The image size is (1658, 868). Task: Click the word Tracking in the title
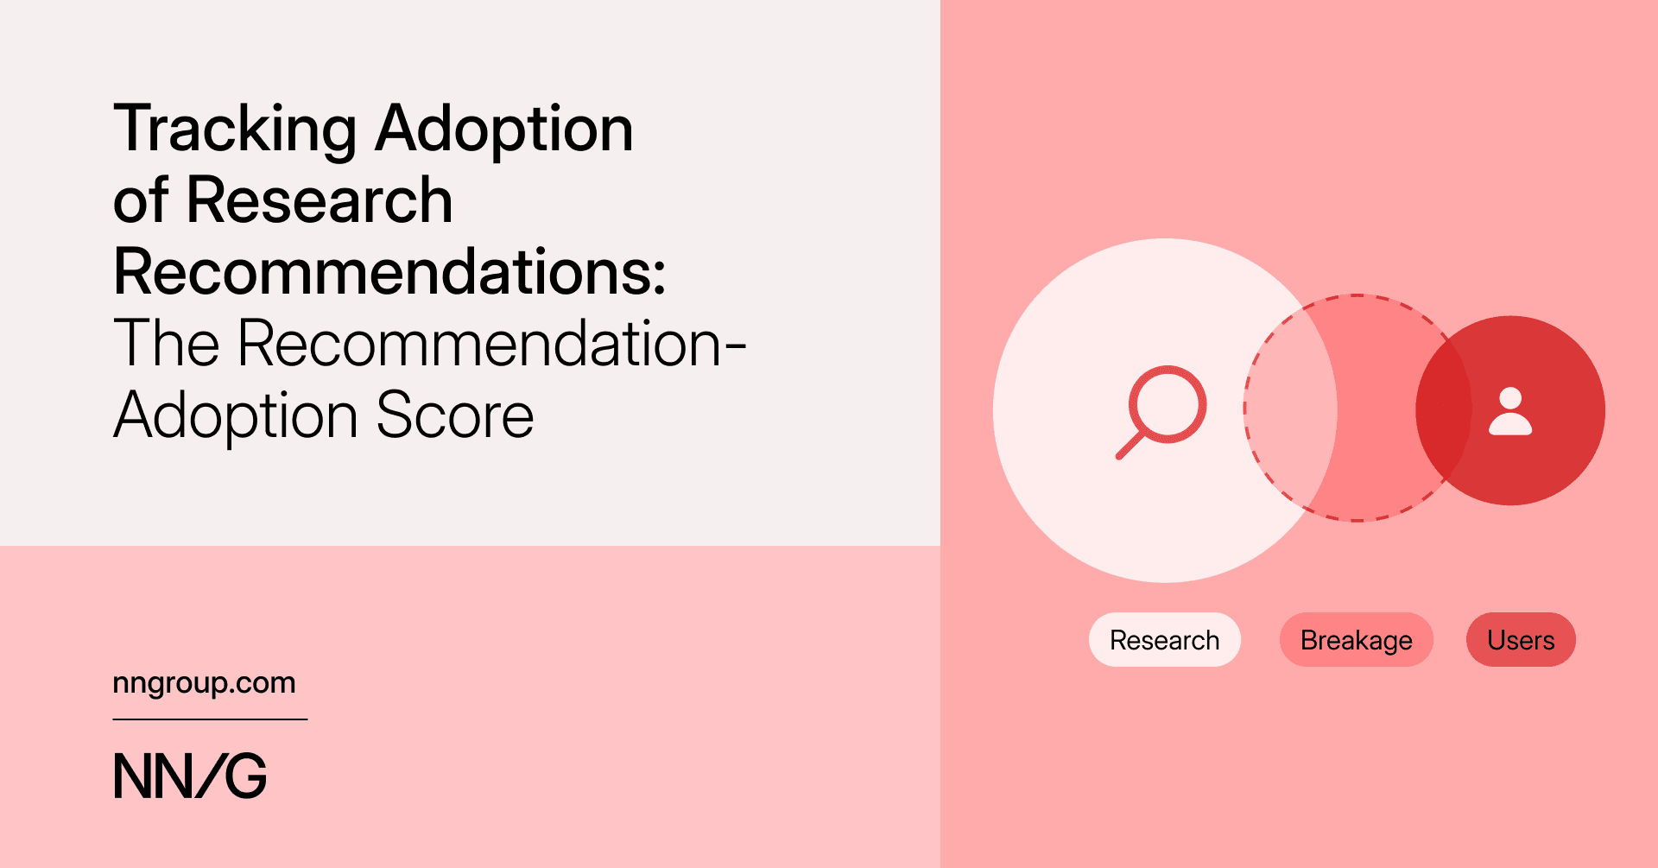coord(234,130)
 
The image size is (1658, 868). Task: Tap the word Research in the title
coord(319,200)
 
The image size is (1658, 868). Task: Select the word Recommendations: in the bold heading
coord(389,272)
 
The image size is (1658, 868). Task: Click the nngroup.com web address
coord(204,683)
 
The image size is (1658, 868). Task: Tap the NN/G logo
coord(190,776)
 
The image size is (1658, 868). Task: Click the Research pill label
coord(1164,640)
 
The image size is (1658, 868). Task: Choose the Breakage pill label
coord(1356,640)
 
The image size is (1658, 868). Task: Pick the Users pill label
coord(1521,640)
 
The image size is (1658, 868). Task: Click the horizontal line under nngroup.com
coord(210,719)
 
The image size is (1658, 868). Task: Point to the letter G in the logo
coord(246,776)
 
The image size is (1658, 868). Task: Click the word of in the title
coord(140,200)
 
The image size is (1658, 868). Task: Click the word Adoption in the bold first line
coord(504,130)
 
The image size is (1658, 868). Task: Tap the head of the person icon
coord(1510,398)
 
